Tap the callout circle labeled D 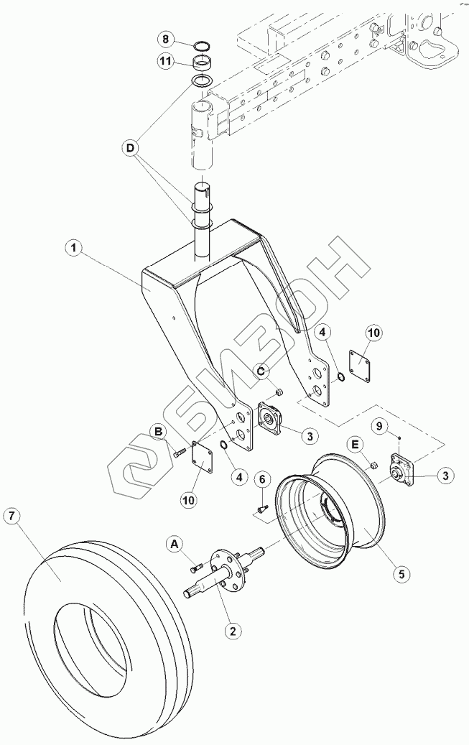130,149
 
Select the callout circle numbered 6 263,479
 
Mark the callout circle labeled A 174,545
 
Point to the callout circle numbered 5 401,574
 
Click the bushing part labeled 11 203,65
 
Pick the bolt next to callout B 179,452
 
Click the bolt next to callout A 196,568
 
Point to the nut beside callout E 374,468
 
